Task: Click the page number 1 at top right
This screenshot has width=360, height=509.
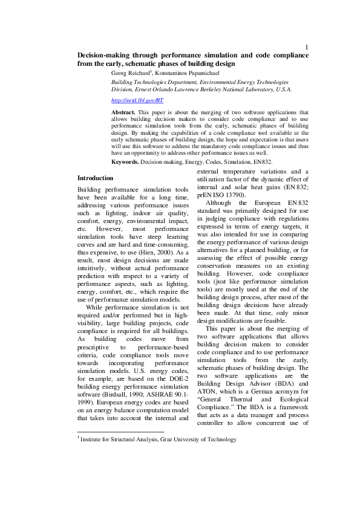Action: [x=307, y=47]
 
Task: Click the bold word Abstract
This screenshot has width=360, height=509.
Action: [x=123, y=112]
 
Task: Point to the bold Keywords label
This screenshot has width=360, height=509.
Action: [x=125, y=162]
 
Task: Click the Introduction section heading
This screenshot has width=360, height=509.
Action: [x=95, y=178]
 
